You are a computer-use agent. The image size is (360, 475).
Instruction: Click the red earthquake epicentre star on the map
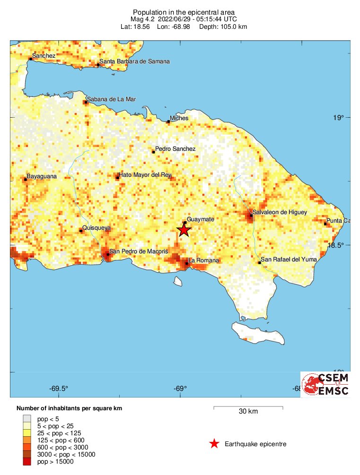click(184, 230)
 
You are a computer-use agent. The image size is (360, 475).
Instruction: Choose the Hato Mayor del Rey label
click(144, 175)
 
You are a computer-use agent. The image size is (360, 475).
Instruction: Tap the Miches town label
click(179, 118)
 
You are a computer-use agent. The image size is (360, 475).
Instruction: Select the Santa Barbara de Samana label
click(134, 61)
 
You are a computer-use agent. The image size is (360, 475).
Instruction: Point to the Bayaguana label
click(41, 176)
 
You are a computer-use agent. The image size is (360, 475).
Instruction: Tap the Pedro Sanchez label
click(175, 149)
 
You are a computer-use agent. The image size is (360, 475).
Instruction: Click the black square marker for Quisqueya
click(81, 231)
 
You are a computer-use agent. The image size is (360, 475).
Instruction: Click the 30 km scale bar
click(248, 407)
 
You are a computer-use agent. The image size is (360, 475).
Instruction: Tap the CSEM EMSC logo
click(325, 384)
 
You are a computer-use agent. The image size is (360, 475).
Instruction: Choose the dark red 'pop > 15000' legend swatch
click(27, 462)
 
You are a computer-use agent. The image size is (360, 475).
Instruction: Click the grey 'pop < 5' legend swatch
click(27, 418)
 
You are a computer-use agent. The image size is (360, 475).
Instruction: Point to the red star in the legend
click(214, 444)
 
